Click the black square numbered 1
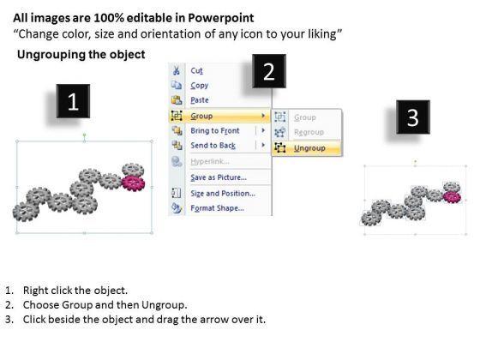(73, 101)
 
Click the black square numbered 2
(269, 71)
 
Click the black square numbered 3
(413, 117)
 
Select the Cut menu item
(196, 70)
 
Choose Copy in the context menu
(199, 86)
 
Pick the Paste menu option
(200, 100)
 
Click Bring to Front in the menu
(215, 130)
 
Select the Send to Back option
(213, 146)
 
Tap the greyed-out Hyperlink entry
(210, 161)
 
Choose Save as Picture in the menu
(219, 177)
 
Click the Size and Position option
(223, 194)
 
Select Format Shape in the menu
(218, 208)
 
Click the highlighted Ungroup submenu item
(309, 148)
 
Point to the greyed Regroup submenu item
(309, 132)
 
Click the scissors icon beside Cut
(177, 70)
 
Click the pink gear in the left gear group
(133, 183)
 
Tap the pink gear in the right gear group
(452, 197)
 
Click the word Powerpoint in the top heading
(221, 18)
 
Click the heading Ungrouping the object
(81, 55)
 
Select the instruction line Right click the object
(75, 291)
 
